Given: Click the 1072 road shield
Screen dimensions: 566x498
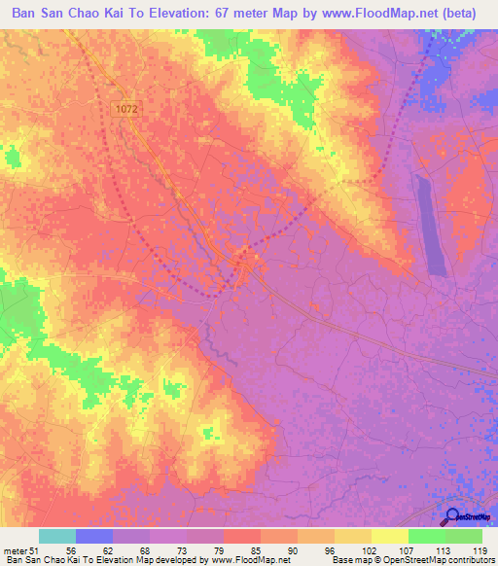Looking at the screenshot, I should point(125,111).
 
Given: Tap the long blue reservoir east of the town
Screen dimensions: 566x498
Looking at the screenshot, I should point(430,224).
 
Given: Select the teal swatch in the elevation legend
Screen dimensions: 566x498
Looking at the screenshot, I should point(57,536).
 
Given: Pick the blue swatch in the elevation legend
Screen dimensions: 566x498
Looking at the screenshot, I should point(93,536).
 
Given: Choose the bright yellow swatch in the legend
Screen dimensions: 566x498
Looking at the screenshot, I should point(390,536).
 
